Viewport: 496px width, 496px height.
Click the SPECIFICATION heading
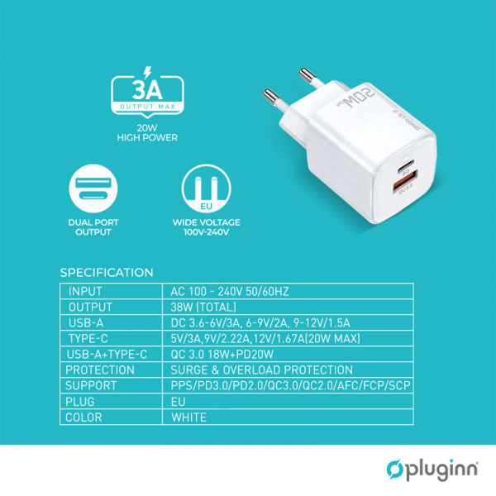pyautogui.click(x=107, y=273)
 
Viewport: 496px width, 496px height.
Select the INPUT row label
pyautogui.click(x=85, y=291)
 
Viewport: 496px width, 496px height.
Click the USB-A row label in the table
pyautogui.click(x=87, y=322)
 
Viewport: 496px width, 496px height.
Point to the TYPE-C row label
pyautogui.click(x=90, y=338)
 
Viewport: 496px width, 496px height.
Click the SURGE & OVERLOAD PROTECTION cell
pyautogui.click(x=261, y=370)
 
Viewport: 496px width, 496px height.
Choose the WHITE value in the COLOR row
pyautogui.click(x=189, y=417)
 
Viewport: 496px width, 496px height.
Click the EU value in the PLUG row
pyautogui.click(x=179, y=402)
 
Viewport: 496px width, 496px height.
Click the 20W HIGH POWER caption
pyautogui.click(x=147, y=133)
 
